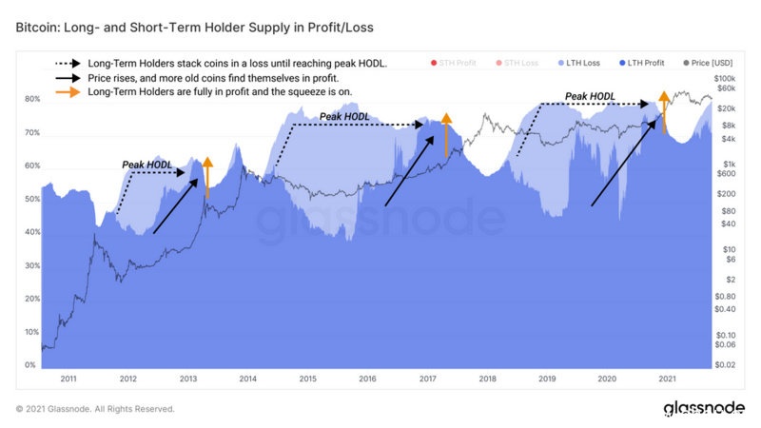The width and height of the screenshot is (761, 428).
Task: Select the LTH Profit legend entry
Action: pyautogui.click(x=644, y=62)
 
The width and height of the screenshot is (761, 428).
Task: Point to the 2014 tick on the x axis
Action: pyautogui.click(x=247, y=379)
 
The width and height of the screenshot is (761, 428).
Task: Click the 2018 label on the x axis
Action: pyautogui.click(x=487, y=379)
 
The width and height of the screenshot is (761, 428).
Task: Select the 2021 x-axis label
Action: pyautogui.click(x=667, y=379)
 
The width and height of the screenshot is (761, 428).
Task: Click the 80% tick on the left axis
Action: pyautogui.click(x=32, y=99)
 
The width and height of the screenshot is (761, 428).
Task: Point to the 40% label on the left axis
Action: pyautogui.click(x=32, y=232)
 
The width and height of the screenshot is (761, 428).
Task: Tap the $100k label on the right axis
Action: pyautogui.click(x=725, y=78)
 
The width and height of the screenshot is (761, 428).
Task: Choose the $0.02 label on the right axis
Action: pyautogui.click(x=726, y=365)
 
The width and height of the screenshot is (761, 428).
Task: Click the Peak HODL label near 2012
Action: pyautogui.click(x=147, y=165)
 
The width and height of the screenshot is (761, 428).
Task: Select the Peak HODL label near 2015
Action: pyautogui.click(x=343, y=116)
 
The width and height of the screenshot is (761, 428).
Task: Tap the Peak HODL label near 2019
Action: pyautogui.click(x=589, y=96)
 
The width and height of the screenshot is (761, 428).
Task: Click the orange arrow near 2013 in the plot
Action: pyautogui.click(x=207, y=176)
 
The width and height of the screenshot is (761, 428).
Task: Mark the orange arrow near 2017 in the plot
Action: pyautogui.click(x=445, y=134)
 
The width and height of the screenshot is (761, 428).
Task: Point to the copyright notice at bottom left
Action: pyautogui.click(x=95, y=409)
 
